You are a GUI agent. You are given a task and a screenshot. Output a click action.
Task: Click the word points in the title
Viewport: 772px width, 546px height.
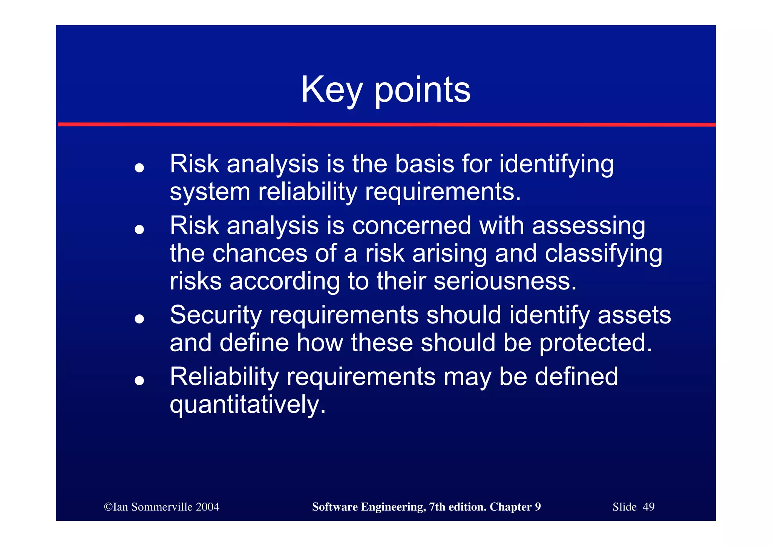click(x=422, y=91)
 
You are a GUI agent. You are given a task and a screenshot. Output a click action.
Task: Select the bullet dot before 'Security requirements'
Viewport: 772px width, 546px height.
click(x=139, y=319)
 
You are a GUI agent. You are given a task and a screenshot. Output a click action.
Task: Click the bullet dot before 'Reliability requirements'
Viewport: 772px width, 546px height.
click(x=139, y=381)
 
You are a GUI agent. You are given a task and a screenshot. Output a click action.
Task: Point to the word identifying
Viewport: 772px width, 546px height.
click(x=556, y=165)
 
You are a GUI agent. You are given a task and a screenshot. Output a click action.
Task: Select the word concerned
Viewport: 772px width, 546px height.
click(x=411, y=226)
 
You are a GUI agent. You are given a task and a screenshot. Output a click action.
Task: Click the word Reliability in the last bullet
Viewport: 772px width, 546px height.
click(x=224, y=377)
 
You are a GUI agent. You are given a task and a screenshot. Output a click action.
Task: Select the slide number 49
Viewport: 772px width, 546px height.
click(x=648, y=507)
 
